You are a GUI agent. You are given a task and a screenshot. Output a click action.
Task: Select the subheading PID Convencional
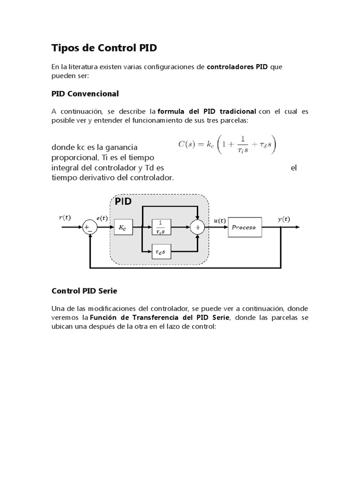pyautogui.click(x=85, y=94)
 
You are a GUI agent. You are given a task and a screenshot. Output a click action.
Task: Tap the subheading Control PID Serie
pyautogui.click(x=84, y=291)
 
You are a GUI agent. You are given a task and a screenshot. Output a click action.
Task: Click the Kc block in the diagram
pyautogui.click(x=123, y=228)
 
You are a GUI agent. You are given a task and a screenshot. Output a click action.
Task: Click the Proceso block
pyautogui.click(x=244, y=228)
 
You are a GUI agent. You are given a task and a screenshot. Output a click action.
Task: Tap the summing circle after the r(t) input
pyautogui.click(x=89, y=228)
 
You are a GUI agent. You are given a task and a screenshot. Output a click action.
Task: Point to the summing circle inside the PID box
pyautogui.click(x=197, y=228)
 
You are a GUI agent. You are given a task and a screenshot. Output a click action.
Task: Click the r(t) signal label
pyautogui.click(x=65, y=217)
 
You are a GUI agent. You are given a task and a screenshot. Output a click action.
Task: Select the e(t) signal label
pyautogui.click(x=102, y=218)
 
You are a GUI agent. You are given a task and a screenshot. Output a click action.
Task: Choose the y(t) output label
pyautogui.click(x=284, y=219)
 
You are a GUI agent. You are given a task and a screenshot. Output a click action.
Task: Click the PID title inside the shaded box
pyautogui.click(x=123, y=202)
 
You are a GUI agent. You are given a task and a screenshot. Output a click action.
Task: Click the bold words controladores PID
pyautogui.click(x=237, y=67)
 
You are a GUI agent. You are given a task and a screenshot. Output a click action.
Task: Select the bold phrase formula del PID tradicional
pyautogui.click(x=207, y=112)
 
